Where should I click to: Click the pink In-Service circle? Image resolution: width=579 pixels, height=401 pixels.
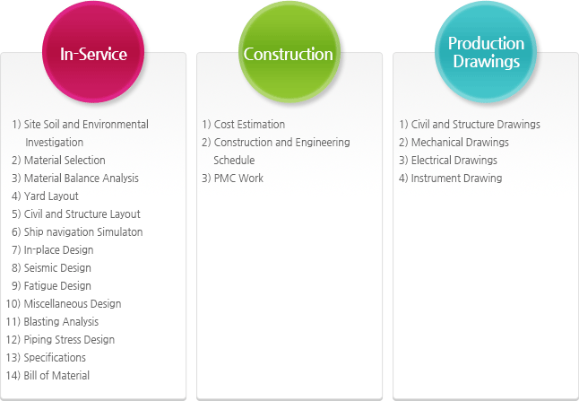coord(93,52)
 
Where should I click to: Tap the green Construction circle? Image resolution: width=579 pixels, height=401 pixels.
coord(289,52)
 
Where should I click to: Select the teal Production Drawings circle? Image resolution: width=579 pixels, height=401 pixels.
coord(486,52)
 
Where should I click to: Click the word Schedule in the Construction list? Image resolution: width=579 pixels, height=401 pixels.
coord(234,160)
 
